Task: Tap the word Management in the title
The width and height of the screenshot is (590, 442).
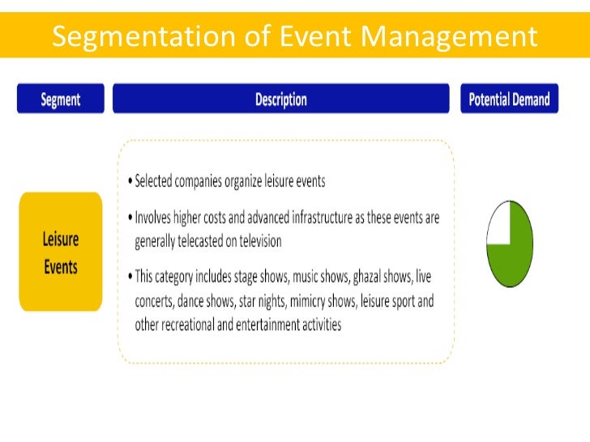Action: (x=448, y=36)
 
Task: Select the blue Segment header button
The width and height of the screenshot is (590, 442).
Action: (x=61, y=100)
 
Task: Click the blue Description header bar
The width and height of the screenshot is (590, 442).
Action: (x=280, y=100)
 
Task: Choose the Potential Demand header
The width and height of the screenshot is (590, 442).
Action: (x=509, y=100)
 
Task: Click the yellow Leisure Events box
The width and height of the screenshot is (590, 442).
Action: (x=61, y=252)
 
